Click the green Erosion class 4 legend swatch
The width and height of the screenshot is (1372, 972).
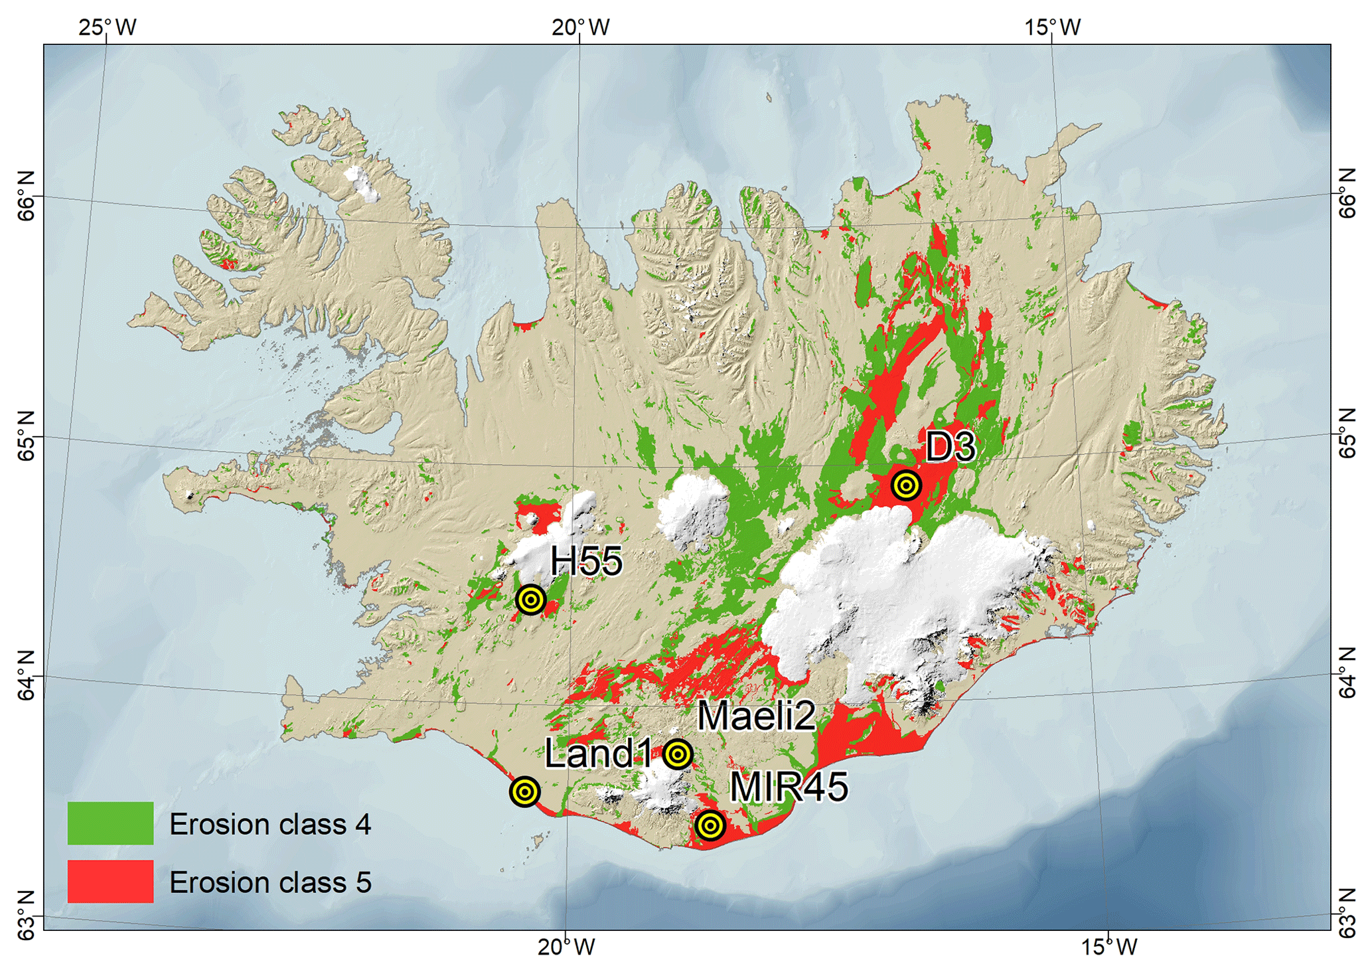pos(110,823)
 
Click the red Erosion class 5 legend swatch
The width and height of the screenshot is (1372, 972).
pos(110,882)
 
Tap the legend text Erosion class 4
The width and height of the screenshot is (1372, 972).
pos(269,824)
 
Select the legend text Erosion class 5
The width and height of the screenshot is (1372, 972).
pos(269,882)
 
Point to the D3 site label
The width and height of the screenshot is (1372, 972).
pos(950,447)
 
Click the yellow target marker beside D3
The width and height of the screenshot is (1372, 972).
pos(905,486)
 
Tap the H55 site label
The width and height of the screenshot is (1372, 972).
pos(586,562)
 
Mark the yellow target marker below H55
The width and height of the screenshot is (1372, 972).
pos(530,600)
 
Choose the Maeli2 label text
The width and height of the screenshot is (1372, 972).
pos(755,716)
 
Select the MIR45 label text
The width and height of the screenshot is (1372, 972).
pos(789,787)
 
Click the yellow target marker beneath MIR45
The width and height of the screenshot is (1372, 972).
pos(710,826)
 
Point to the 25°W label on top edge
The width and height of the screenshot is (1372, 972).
pos(108,27)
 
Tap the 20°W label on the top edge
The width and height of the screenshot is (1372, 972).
pos(581,27)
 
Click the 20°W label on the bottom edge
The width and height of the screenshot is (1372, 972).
pos(566,946)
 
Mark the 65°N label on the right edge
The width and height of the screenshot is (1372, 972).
pos(1346,434)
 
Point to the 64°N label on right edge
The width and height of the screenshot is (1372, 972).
pos(1346,674)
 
